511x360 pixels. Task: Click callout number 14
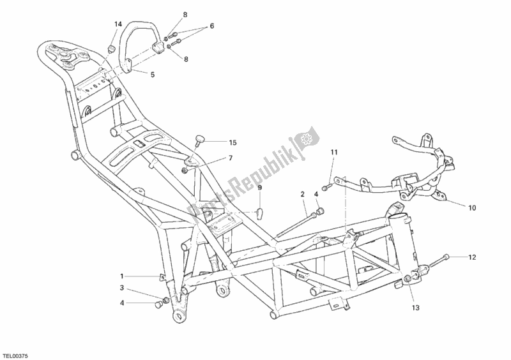pos(118,24)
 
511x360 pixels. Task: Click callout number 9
pos(260,188)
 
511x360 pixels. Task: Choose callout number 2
pos(303,193)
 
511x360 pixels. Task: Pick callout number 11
pos(333,153)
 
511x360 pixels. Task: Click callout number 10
pos(472,207)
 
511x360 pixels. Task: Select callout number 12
pos(472,258)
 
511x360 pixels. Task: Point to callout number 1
pos(120,276)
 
